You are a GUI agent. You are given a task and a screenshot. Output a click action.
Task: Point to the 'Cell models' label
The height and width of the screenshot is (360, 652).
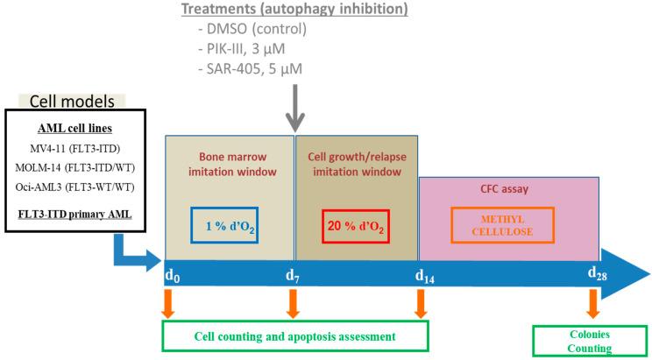pos(76,102)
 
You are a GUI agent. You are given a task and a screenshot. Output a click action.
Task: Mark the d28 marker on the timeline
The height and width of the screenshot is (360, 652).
pos(597,274)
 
